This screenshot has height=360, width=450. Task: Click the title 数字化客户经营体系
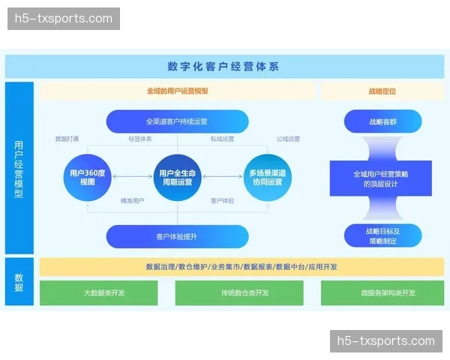coord(223,67)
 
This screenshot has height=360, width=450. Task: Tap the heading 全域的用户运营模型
coord(177,91)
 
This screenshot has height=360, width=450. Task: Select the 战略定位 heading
coord(381,91)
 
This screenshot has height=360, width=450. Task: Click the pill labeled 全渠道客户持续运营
coord(177,121)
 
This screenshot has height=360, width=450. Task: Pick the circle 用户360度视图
coord(87,177)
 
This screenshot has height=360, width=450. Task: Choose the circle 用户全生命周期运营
coord(177,177)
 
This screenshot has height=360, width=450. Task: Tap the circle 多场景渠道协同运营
coord(266,177)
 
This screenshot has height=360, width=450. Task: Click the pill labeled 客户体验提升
coord(177,236)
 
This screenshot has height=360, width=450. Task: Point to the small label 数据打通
coord(67,139)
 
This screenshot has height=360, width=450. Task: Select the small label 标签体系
coord(139,139)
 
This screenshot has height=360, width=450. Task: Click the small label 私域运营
coord(222,139)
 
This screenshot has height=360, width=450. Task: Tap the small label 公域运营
coord(288,139)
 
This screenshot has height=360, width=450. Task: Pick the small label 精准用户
coord(133,201)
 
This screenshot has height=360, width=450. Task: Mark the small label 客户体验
coord(222,201)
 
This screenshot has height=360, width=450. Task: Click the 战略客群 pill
coord(381,121)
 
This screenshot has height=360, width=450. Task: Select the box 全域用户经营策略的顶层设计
coord(381,178)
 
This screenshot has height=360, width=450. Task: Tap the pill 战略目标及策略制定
coord(381,236)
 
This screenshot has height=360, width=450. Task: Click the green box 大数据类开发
coord(104,292)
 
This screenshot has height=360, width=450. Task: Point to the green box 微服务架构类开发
coord(387,292)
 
